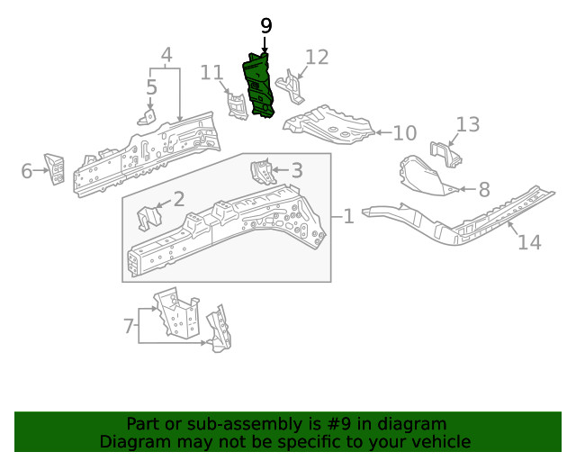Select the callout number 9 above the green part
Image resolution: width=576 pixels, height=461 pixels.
tap(265, 26)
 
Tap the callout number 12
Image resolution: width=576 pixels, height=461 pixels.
tap(318, 58)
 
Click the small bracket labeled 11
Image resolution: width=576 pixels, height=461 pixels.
tap(237, 105)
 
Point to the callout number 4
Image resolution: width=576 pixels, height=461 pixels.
tap(166, 58)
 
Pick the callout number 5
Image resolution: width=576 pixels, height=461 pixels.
tap(151, 87)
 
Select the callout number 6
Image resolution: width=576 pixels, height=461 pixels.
tap(26, 170)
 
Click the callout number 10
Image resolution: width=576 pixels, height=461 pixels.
tap(404, 133)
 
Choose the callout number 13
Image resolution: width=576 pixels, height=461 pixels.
tap(468, 124)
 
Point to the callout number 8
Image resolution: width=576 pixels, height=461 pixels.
tap(483, 189)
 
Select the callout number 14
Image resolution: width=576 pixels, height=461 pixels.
tap(529, 241)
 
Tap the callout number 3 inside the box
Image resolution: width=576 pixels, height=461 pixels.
tap(296, 170)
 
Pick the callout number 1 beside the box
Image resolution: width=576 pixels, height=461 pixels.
tap(347, 216)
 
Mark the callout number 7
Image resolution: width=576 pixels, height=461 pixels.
tap(128, 325)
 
